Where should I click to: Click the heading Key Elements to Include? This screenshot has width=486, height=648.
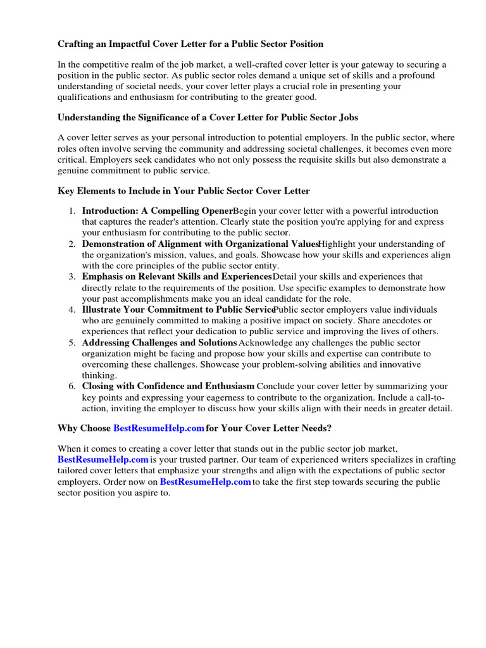[184, 190]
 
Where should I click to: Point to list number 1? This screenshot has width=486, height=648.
[73, 211]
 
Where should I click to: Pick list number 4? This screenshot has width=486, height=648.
[73, 309]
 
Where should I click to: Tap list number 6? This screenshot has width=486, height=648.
[73, 386]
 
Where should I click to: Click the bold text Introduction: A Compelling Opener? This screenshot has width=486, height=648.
[158, 211]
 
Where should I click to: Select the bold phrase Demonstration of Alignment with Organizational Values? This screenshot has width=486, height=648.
[199, 244]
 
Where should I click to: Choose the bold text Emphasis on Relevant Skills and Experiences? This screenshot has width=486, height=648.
[177, 277]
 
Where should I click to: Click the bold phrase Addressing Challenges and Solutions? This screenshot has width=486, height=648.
[159, 342]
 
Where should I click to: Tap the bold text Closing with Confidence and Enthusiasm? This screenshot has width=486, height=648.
[168, 386]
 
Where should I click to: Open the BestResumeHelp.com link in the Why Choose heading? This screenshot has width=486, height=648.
[158, 428]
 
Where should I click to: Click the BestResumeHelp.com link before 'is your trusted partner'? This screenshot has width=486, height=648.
[103, 459]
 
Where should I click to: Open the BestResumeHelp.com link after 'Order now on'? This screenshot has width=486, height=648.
[206, 482]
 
